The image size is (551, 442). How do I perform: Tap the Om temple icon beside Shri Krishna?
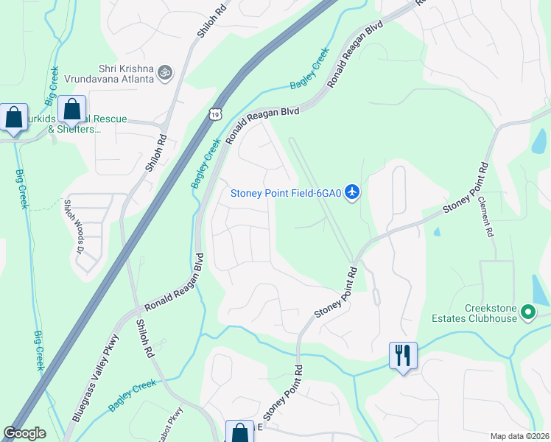pyautogui.click(x=164, y=73)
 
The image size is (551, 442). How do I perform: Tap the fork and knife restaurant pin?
pyautogui.click(x=403, y=356)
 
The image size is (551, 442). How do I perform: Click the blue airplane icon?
pyautogui.click(x=352, y=192)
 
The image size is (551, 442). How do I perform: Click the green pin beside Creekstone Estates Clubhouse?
pyautogui.click(x=527, y=313)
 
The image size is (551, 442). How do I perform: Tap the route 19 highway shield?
pyautogui.click(x=214, y=113)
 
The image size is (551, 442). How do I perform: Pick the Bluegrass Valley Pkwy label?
pyautogui.click(x=95, y=375)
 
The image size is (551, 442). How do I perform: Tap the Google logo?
pyautogui.click(x=25, y=433)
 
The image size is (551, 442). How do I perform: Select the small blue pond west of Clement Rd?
pyautogui.click(x=438, y=231)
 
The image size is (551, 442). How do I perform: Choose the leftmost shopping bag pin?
pyautogui.click(x=14, y=118)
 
